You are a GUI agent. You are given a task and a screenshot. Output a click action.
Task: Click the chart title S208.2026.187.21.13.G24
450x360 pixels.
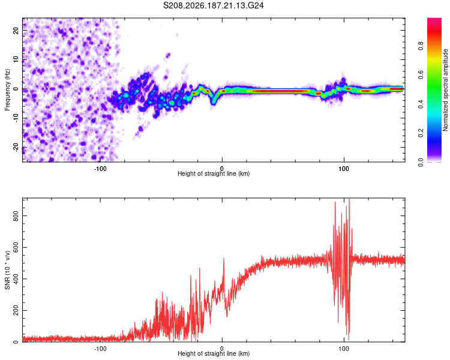coord(213,5)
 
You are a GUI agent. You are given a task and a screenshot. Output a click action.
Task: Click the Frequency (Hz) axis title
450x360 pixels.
coord(7,90)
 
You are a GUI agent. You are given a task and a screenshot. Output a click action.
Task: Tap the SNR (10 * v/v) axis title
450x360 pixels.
coord(7,270)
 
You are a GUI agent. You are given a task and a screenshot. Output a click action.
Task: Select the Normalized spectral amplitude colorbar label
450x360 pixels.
coord(445,90)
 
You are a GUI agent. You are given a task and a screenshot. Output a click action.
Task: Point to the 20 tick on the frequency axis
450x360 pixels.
coord(16,31)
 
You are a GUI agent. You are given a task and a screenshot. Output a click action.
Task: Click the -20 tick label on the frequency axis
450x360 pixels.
coord(16,148)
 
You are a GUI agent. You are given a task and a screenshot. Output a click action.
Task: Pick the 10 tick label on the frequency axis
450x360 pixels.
coord(16,59)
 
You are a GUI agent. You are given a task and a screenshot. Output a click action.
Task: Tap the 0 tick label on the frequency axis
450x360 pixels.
coord(16,89)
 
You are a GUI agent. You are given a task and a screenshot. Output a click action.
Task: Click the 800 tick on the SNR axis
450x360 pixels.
coord(16,215)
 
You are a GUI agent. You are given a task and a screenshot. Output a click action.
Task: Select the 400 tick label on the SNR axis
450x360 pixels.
coord(16,279)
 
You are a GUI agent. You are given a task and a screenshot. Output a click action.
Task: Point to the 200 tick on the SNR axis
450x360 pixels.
coord(16,310)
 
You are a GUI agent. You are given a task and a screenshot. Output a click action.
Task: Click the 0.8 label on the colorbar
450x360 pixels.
coord(421,46)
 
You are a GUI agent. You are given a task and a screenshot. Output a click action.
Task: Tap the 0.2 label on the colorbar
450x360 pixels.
coord(421,133)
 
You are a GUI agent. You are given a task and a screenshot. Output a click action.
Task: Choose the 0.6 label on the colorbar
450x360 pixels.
coord(421,75)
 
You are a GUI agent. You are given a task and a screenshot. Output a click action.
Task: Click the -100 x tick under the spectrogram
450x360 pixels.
coord(100,169)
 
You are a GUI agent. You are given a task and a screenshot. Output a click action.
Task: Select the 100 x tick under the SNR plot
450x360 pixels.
coord(344,349)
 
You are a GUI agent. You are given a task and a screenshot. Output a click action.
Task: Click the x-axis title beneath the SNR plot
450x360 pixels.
coord(214,353)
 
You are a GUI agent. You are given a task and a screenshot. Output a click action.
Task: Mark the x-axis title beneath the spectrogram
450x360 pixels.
coord(214,173)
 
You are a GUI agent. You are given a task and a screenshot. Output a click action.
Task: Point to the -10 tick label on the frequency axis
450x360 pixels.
coord(16,118)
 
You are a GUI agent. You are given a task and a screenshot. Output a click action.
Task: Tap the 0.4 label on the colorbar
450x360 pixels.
coord(421,104)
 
